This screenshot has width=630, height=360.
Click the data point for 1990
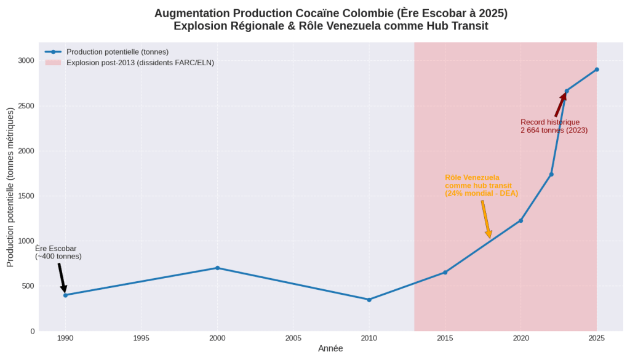(65, 295)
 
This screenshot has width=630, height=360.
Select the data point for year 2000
(217, 268)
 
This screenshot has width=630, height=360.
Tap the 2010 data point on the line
(369, 300)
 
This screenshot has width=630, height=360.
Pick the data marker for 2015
(445, 272)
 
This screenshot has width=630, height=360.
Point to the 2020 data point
(520, 220)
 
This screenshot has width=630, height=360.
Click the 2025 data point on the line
(596, 70)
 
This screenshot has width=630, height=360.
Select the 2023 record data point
(566, 91)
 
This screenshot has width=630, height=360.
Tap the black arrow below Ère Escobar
(62, 278)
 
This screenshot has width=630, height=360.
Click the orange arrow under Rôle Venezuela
(486, 219)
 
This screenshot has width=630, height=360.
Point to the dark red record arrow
(560, 105)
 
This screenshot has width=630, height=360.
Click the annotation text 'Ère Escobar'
(56, 249)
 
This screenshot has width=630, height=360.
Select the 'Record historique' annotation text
(550, 122)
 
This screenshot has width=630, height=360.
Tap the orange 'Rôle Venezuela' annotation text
(472, 178)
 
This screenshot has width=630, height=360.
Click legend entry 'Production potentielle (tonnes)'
(117, 52)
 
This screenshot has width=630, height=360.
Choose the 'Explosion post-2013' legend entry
(140, 63)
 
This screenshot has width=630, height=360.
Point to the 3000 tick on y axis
(26, 60)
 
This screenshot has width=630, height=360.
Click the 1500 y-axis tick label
(26, 196)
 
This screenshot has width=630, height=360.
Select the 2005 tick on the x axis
(293, 338)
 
